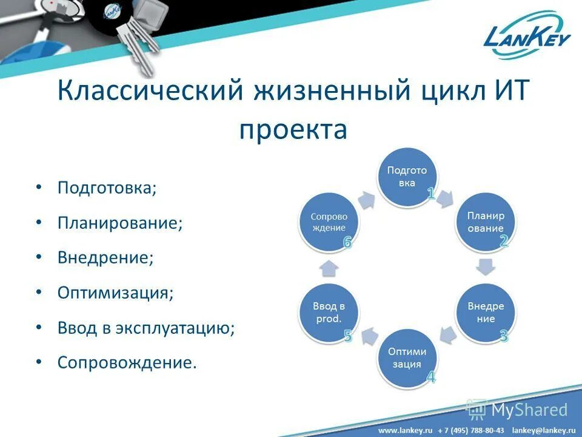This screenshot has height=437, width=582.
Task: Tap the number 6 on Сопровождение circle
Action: tap(347, 242)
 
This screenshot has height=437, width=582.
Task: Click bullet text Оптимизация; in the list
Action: tap(115, 293)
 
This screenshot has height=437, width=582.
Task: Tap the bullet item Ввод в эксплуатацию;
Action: tap(145, 328)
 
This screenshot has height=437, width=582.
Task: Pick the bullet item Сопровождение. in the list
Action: tap(127, 363)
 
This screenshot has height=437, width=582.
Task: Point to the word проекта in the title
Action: tap(293, 129)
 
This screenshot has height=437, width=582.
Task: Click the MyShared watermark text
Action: tap(529, 410)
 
